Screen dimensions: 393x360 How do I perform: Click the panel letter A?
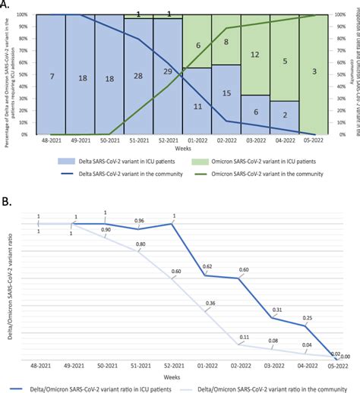(x=6, y=5)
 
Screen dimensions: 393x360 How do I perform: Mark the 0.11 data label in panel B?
(x=244, y=336)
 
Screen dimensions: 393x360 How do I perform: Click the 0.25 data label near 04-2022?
(x=306, y=318)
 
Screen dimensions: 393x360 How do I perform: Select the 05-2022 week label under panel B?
(x=335, y=365)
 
